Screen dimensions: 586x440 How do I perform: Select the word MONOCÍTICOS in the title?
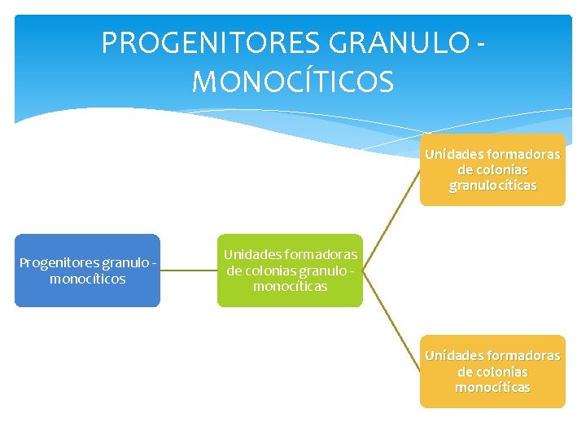pyautogui.click(x=293, y=81)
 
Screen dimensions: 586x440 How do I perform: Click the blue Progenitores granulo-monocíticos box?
pyautogui.click(x=87, y=271)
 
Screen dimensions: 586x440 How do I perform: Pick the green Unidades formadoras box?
pyautogui.click(x=290, y=271)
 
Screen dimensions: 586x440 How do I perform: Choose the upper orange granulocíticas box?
pyautogui.click(x=492, y=169)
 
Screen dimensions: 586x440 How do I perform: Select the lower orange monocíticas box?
pyautogui.click(x=492, y=372)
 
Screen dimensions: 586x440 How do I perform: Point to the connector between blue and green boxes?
pyautogui.click(x=188, y=271)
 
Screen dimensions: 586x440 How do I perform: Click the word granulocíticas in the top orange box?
pyautogui.click(x=492, y=186)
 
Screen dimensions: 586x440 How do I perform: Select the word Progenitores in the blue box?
pyautogui.click(x=58, y=262)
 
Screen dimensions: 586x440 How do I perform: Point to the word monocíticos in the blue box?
pyautogui.click(x=87, y=279)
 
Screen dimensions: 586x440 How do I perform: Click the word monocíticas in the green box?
pyautogui.click(x=290, y=287)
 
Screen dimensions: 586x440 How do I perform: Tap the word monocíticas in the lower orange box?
pyautogui.click(x=492, y=387)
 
